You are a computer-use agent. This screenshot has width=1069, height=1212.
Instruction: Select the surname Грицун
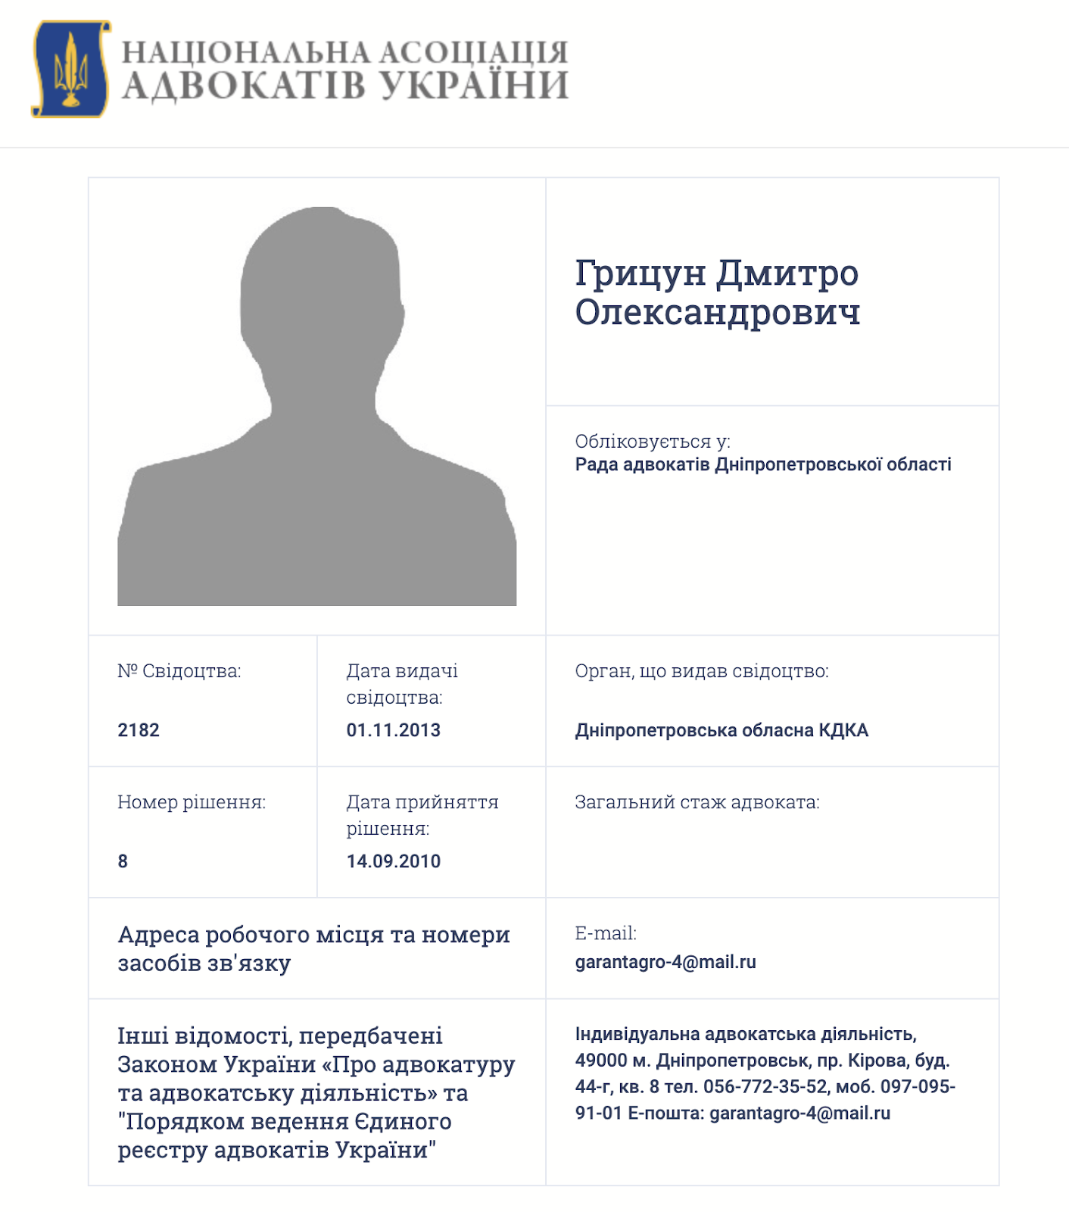pyautogui.click(x=640, y=273)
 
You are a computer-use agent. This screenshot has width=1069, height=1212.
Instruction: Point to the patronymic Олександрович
pyautogui.click(x=717, y=312)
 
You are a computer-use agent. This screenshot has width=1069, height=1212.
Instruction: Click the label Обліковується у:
pyautogui.click(x=652, y=441)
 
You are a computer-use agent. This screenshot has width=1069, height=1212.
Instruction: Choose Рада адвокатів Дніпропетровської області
pyautogui.click(x=762, y=464)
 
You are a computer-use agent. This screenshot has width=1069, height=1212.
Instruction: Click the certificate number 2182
pyautogui.click(x=139, y=730)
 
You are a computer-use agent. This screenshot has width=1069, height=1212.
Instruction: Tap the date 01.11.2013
pyautogui.click(x=393, y=730)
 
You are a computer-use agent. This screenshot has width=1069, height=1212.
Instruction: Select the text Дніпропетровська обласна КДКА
pyautogui.click(x=721, y=730)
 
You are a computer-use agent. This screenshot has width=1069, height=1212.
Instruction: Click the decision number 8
pyautogui.click(x=123, y=861)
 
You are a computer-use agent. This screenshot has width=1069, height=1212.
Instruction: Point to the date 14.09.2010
pyautogui.click(x=393, y=861)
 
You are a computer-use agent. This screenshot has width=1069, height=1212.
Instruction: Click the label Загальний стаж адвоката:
pyautogui.click(x=697, y=802)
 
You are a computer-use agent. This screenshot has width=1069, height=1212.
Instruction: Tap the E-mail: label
pyautogui.click(x=605, y=933)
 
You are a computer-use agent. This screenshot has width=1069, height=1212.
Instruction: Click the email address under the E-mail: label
pyautogui.click(x=665, y=962)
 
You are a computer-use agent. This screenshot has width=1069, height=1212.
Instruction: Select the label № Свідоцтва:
pyautogui.click(x=179, y=671)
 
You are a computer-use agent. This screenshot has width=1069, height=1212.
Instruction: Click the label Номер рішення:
pyautogui.click(x=191, y=802)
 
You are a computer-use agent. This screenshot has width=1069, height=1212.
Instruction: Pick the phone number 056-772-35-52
pyautogui.click(x=765, y=1087)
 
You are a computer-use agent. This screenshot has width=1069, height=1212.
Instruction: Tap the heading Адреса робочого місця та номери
pyautogui.click(x=313, y=935)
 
